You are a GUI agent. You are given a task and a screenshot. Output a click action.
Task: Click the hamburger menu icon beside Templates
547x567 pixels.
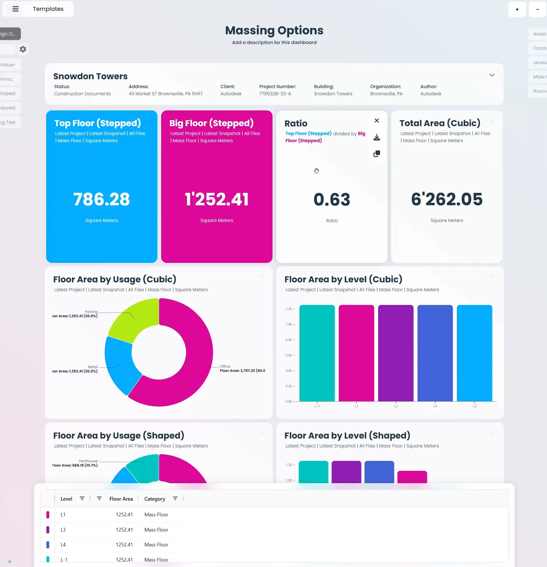16,9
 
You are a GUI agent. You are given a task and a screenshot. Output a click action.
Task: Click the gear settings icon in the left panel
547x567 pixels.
23,49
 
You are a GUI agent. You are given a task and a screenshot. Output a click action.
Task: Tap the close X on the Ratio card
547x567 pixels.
376,121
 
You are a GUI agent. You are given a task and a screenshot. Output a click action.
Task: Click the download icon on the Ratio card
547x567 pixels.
376,137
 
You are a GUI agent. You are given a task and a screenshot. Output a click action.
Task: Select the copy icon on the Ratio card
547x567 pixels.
376,154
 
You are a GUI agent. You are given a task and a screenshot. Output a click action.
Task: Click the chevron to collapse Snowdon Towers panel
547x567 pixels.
492,75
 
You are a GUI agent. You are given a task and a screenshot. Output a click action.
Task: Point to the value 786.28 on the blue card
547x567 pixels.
102,199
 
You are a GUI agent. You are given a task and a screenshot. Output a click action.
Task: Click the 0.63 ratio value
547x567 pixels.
332,200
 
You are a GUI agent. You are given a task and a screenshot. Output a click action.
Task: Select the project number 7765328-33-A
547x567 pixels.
275,94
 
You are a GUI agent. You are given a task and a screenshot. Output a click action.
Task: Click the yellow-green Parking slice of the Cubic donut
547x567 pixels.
133,321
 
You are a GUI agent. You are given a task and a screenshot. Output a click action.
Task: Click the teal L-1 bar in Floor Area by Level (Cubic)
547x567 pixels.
317,353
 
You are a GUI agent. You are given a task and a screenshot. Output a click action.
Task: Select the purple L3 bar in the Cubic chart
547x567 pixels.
395,353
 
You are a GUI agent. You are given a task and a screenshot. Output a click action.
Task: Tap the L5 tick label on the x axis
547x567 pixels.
474,406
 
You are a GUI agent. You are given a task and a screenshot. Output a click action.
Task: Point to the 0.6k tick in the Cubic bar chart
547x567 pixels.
289,355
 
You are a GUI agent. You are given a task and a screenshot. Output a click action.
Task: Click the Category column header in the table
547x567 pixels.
155,499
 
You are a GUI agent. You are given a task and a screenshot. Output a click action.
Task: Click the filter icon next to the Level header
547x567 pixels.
82,498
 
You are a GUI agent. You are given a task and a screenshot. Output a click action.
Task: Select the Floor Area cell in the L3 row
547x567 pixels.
124,530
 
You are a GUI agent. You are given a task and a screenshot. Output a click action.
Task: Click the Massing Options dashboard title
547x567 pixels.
274,30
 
